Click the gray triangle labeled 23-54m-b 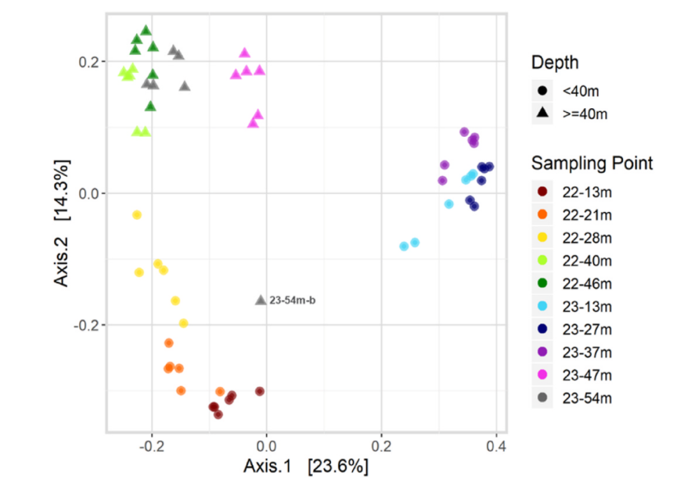pyautogui.click(x=260, y=300)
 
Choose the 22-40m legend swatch pyautogui.click(x=543, y=260)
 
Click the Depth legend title pyautogui.click(x=555, y=62)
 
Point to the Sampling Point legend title pyautogui.click(x=592, y=164)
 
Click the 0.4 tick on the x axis pyautogui.click(x=496, y=446)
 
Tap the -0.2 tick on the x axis pyautogui.click(x=151, y=446)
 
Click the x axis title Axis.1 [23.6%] pyautogui.click(x=305, y=466)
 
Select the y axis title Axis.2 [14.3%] pyautogui.click(x=62, y=222)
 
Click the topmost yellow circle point pyautogui.click(x=137, y=215)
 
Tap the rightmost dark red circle pyautogui.click(x=260, y=391)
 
